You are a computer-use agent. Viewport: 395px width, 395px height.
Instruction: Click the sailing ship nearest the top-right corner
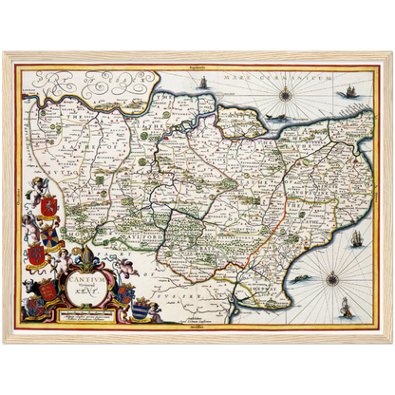pyautogui.click(x=349, y=90)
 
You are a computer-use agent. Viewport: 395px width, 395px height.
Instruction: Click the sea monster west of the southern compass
pyautogui.click(x=302, y=278)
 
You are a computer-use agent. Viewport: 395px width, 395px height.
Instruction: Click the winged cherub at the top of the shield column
pyautogui.click(x=39, y=184)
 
